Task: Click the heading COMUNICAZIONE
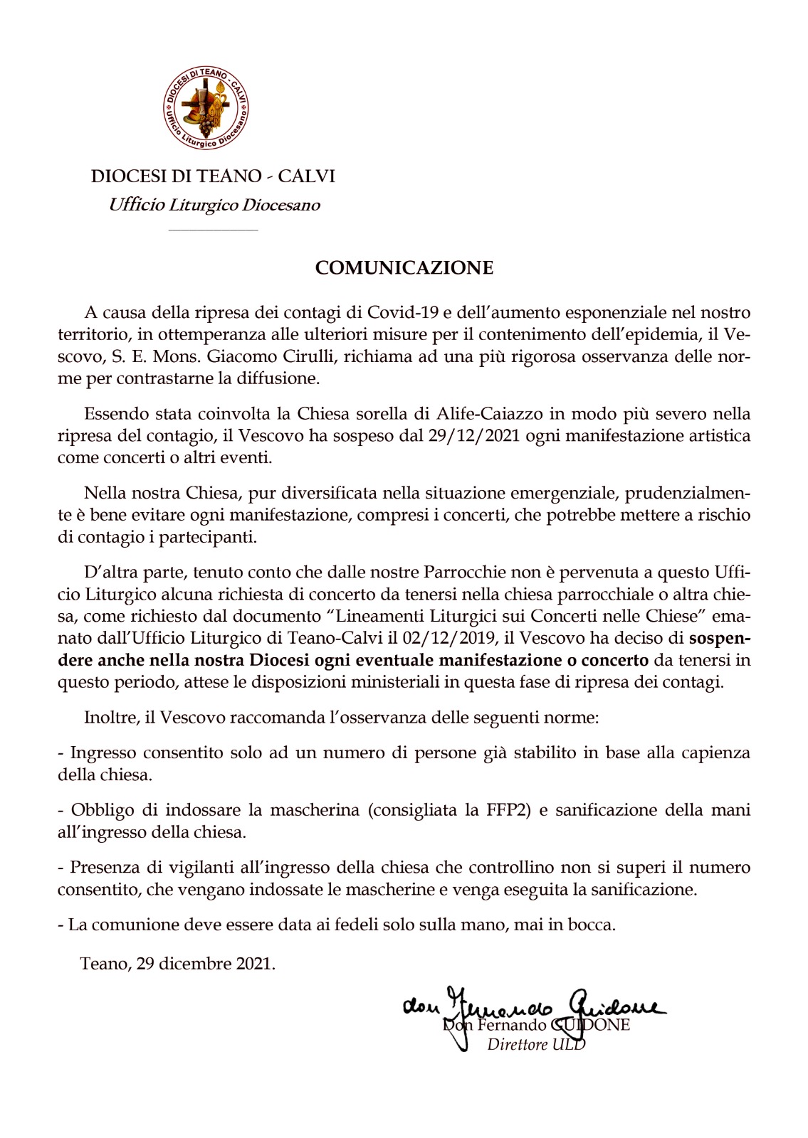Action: click(404, 268)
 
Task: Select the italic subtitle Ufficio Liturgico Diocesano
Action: click(214, 205)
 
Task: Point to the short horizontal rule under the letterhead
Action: click(214, 230)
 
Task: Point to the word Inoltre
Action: click(112, 717)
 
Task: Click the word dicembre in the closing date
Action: click(191, 964)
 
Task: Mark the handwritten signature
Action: click(534, 1009)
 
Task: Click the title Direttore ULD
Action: click(535, 1045)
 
